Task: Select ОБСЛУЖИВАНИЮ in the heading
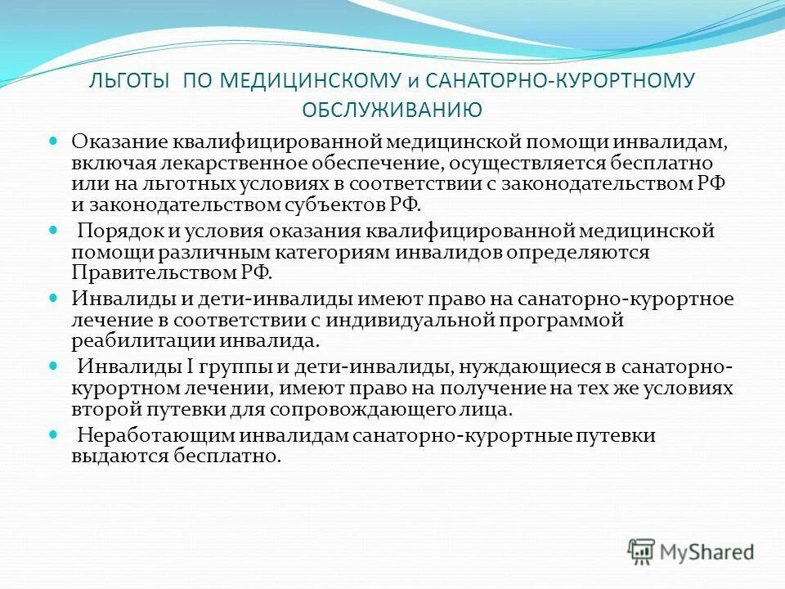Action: click(x=392, y=108)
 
